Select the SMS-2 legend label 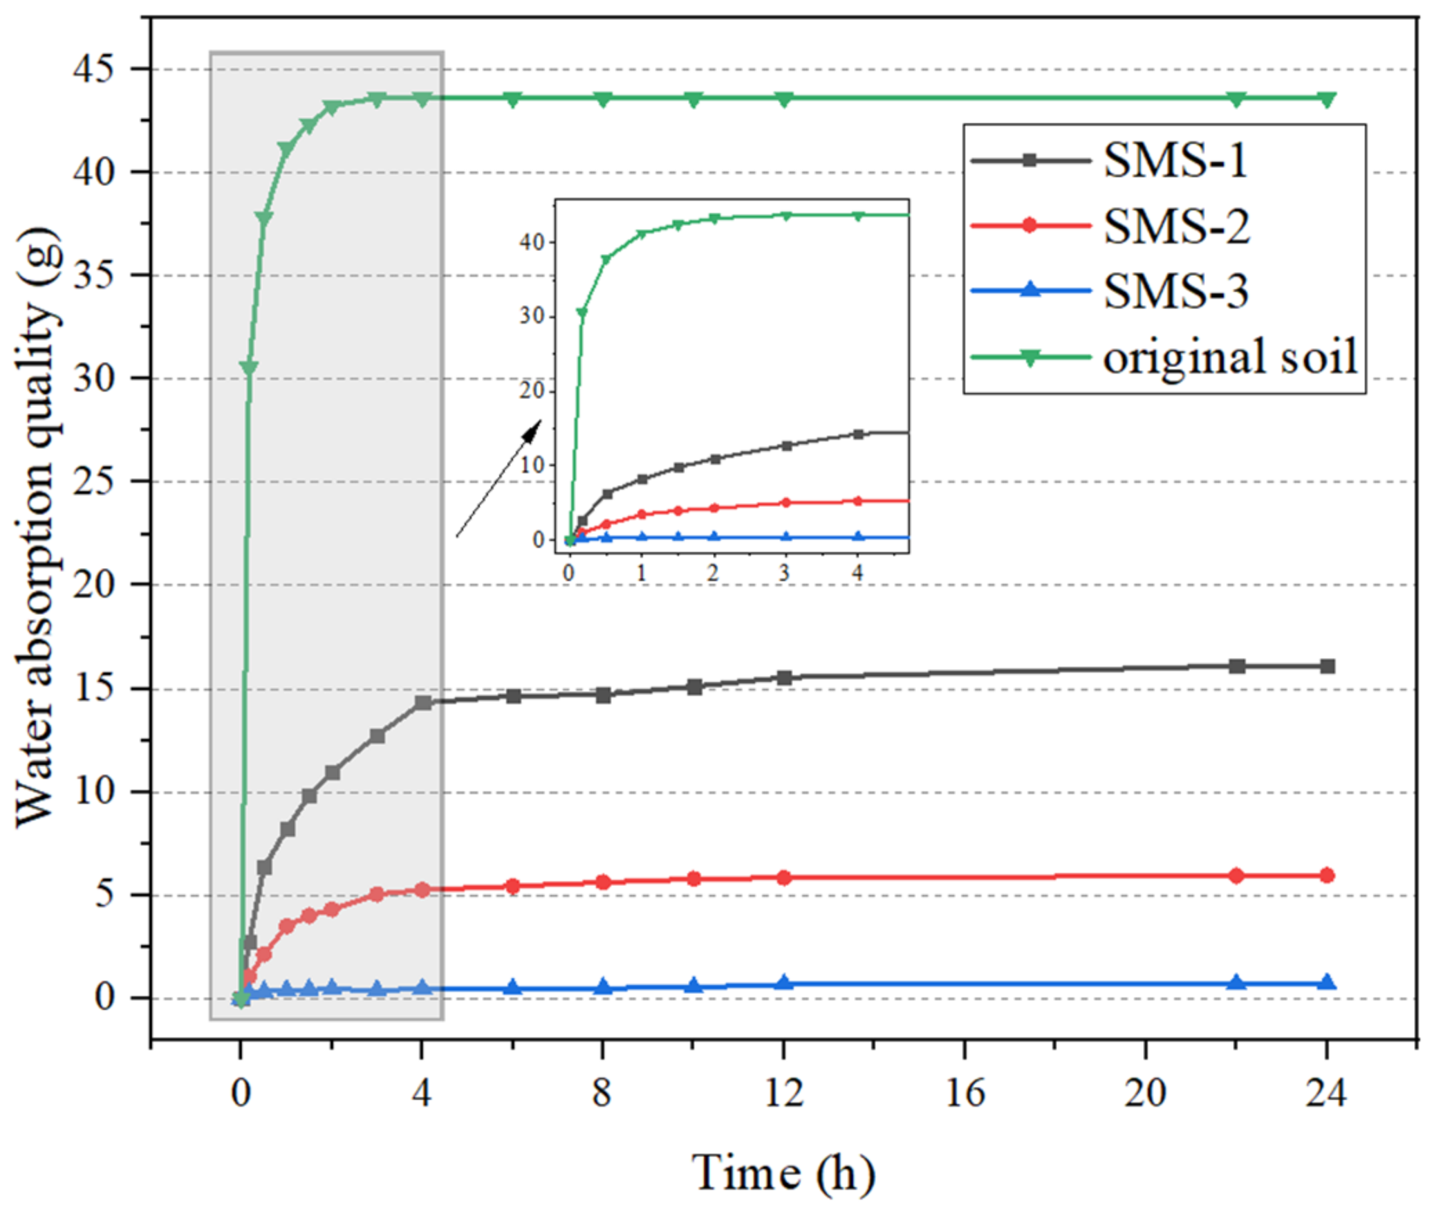coord(1175,226)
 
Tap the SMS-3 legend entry coord(1175,291)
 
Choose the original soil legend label coord(1229,357)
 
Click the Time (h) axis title coord(783,1172)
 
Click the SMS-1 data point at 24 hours coord(1327,666)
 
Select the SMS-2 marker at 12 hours coord(783,877)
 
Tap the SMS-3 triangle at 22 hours coord(1236,983)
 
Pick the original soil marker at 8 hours coord(603,99)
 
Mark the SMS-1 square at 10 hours coord(694,687)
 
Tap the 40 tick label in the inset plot coord(533,242)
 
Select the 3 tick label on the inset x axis coord(783,573)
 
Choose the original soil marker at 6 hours coord(512,99)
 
